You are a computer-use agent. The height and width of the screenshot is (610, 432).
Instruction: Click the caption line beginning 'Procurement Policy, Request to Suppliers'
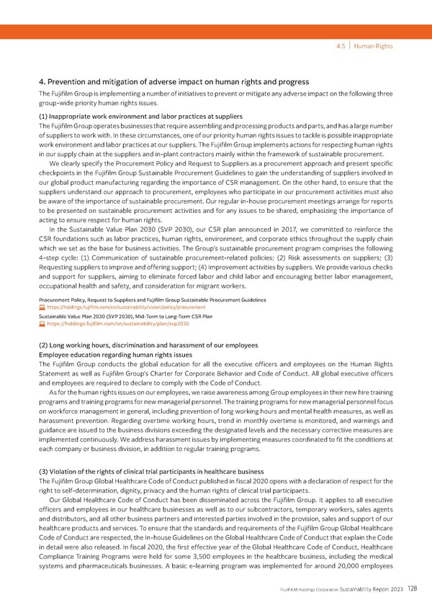point(152,299)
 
